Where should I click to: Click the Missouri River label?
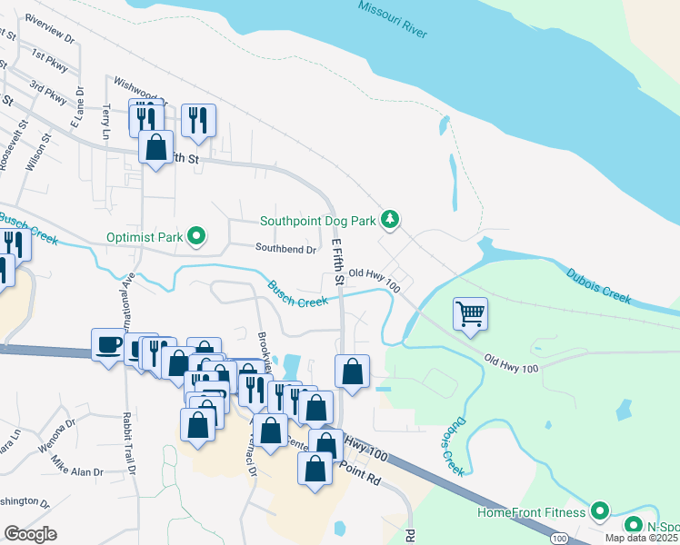(392, 19)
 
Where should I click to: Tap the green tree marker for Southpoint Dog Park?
(390, 219)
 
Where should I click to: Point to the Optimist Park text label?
(145, 238)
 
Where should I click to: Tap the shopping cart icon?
(470, 314)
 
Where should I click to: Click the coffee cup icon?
(109, 344)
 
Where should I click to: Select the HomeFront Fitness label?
(532, 512)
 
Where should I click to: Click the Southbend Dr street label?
(285, 248)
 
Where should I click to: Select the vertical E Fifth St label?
(337, 263)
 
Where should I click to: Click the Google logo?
(30, 533)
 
